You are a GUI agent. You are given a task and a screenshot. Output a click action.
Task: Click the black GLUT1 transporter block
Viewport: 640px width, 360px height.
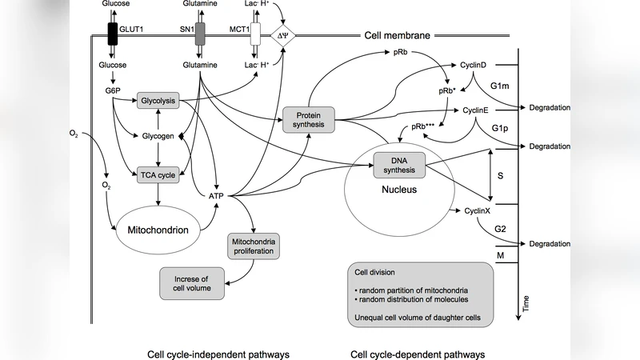[x=113, y=34]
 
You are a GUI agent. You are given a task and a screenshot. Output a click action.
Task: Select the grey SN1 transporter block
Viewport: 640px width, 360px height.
[x=200, y=34]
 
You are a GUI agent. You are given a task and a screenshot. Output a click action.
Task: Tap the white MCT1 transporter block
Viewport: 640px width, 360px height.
[x=255, y=34]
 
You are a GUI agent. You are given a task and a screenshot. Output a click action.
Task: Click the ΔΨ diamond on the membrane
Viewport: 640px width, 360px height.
[x=282, y=35]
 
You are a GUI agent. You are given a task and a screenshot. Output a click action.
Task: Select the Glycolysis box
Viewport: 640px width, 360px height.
[x=157, y=102]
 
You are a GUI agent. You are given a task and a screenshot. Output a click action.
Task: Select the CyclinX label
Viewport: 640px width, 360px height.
[x=477, y=210]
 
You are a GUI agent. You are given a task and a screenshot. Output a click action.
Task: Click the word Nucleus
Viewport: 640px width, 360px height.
[x=398, y=192]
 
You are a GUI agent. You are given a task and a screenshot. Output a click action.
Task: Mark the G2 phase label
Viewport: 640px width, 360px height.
[x=500, y=229]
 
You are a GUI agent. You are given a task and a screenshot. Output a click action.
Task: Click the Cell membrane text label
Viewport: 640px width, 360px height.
[x=397, y=35]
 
